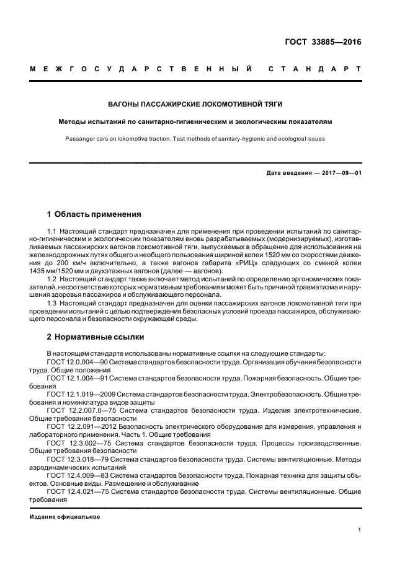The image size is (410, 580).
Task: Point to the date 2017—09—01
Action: coord(339,173)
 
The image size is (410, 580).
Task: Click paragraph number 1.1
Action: coord(52,231)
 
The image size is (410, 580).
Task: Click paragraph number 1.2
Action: coord(52,279)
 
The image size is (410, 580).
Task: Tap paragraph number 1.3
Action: coord(52,304)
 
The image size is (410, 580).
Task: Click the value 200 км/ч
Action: coord(79,263)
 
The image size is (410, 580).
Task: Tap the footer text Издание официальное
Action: coord(65,516)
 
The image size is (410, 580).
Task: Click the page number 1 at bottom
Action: coord(359,530)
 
